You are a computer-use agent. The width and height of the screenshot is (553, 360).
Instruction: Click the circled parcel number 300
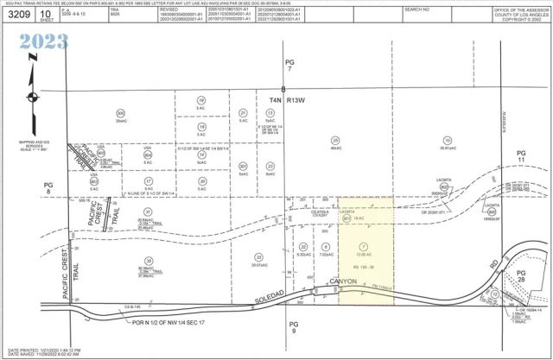[120, 112]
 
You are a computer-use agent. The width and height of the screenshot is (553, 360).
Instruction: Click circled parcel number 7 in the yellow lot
[361, 248]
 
